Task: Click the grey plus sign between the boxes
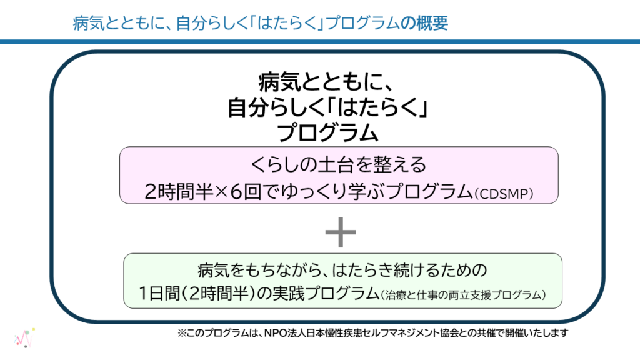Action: click(341, 232)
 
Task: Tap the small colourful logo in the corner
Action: click(24, 338)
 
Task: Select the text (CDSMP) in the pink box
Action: click(504, 194)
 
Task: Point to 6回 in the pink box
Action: click(246, 191)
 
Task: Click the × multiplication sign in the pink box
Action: click(221, 192)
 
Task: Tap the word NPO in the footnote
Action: click(276, 333)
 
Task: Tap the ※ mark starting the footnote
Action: click(182, 333)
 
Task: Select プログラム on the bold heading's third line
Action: click(327, 132)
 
